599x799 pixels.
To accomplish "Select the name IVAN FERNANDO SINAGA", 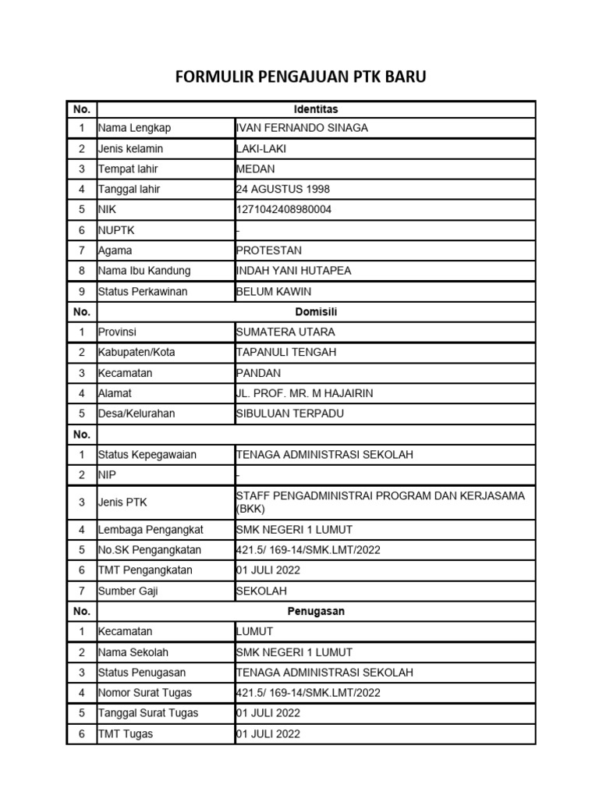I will point(302,128).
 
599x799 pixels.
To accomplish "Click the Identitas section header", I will point(316,108).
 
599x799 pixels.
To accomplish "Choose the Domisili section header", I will point(316,311).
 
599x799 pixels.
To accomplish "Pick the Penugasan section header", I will point(316,611).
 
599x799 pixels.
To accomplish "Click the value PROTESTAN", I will point(269,250).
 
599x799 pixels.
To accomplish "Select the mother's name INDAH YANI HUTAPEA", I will point(294,271).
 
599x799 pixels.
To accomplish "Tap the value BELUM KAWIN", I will point(274,291).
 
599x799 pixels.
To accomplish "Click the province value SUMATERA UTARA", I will point(285,332).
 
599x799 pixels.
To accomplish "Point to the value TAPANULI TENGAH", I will point(286,352).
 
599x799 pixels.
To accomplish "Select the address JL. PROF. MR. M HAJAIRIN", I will point(299,393).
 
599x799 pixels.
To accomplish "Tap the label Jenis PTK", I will point(122,502).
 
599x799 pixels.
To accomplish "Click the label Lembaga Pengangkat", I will point(151,530).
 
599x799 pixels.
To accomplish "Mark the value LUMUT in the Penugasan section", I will point(254,631).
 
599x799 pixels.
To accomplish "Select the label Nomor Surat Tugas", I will point(145,692).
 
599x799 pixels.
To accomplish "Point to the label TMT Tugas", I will point(126,733).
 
